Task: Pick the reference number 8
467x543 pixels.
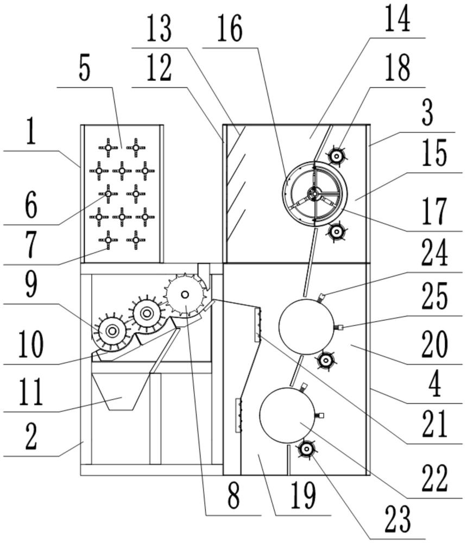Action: (x=233, y=496)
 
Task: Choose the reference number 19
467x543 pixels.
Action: (x=303, y=496)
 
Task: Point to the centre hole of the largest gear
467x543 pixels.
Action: (x=185, y=294)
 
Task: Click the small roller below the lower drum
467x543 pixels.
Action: (x=306, y=449)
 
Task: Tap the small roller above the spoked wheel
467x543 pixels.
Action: (x=337, y=156)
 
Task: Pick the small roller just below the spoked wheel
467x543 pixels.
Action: (x=337, y=232)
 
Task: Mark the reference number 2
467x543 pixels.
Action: (x=31, y=438)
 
